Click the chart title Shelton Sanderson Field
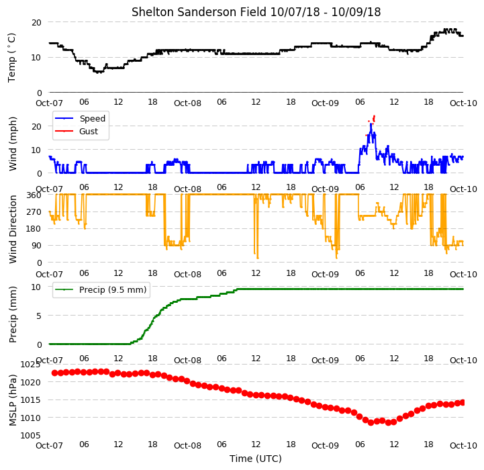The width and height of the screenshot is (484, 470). click(199, 12)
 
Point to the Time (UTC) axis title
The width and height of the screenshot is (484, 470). click(256, 459)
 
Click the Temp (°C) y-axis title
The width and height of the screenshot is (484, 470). click(11, 58)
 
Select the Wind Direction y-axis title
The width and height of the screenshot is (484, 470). click(13, 229)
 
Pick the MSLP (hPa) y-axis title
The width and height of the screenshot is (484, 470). click(13, 400)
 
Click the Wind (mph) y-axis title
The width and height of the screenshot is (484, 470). click(13, 144)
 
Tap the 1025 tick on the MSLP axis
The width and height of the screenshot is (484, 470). click(30, 365)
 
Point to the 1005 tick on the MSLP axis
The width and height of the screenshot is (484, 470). click(30, 435)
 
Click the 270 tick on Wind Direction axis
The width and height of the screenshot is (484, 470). click(34, 212)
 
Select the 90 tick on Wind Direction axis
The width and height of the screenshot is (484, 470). click(36, 246)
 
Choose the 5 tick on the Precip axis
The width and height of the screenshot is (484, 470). click(39, 316)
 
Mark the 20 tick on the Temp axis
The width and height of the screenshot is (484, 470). click(36, 23)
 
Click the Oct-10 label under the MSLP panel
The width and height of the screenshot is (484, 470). click(463, 445)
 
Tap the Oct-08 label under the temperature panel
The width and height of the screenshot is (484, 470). click(187, 103)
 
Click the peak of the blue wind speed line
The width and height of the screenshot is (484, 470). click(371, 124)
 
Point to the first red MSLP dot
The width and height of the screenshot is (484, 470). click(54, 373)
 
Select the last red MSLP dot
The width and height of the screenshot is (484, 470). click(463, 402)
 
